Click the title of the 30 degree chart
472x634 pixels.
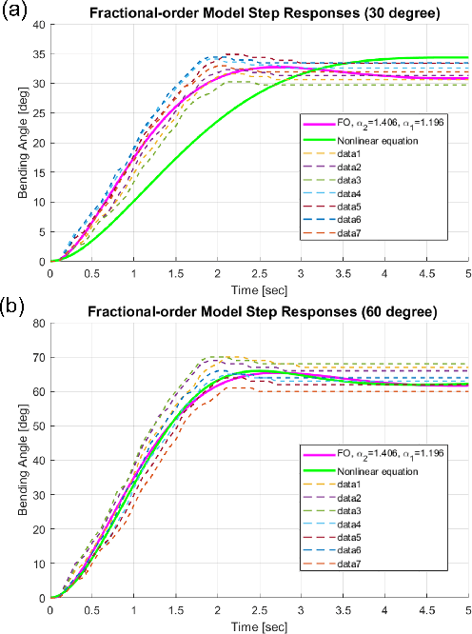click(259, 15)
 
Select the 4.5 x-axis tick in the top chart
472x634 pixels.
click(426, 271)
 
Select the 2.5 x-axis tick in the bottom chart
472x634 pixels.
click(259, 608)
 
